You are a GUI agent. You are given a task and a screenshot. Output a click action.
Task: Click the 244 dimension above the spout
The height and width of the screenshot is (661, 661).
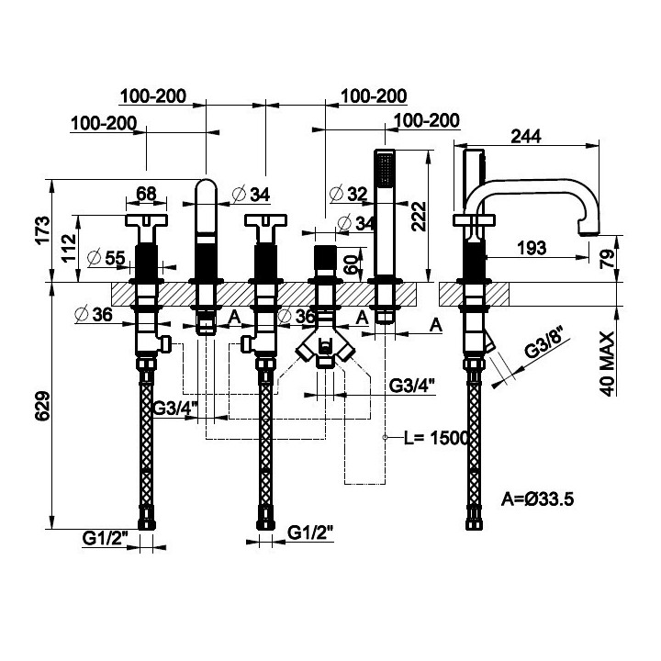coord(526,136)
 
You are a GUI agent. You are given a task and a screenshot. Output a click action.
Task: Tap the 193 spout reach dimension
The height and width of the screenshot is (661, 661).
coord(532,248)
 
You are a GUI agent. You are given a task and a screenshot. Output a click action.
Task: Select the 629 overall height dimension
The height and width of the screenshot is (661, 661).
coord(42,406)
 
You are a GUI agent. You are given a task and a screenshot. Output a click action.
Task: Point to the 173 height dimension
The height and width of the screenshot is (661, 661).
coord(42,230)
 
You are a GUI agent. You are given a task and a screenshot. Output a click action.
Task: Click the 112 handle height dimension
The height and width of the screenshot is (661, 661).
coord(69,248)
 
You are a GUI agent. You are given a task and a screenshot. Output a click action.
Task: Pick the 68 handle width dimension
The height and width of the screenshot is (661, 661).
coord(146,194)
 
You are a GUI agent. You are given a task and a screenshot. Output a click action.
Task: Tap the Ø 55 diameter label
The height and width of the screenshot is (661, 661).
coord(106,258)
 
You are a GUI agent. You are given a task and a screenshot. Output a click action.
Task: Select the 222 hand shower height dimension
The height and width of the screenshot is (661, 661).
coord(419,217)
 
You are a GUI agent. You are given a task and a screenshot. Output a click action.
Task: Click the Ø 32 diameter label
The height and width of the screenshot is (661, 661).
coord(349,194)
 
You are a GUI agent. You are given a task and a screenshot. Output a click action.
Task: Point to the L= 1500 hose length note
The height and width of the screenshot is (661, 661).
coord(436,438)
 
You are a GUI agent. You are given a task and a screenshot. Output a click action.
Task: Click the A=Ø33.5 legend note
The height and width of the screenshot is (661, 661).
coord(537,499)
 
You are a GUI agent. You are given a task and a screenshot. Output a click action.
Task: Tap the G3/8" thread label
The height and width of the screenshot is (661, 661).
coord(547,344)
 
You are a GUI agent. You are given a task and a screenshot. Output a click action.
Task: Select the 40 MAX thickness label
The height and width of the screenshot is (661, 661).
coord(608,364)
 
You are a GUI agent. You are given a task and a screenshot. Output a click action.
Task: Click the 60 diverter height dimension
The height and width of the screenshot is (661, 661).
coord(353,263)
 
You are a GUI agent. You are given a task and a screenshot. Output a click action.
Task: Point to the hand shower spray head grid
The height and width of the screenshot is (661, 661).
coord(384,170)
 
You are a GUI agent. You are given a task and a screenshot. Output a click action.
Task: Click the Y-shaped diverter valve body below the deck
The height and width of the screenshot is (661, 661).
coord(325,345)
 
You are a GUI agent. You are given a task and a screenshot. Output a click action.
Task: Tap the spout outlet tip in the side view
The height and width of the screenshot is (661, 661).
coord(588,232)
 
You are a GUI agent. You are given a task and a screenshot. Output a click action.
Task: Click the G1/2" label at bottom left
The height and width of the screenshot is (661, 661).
coord(105,538)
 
